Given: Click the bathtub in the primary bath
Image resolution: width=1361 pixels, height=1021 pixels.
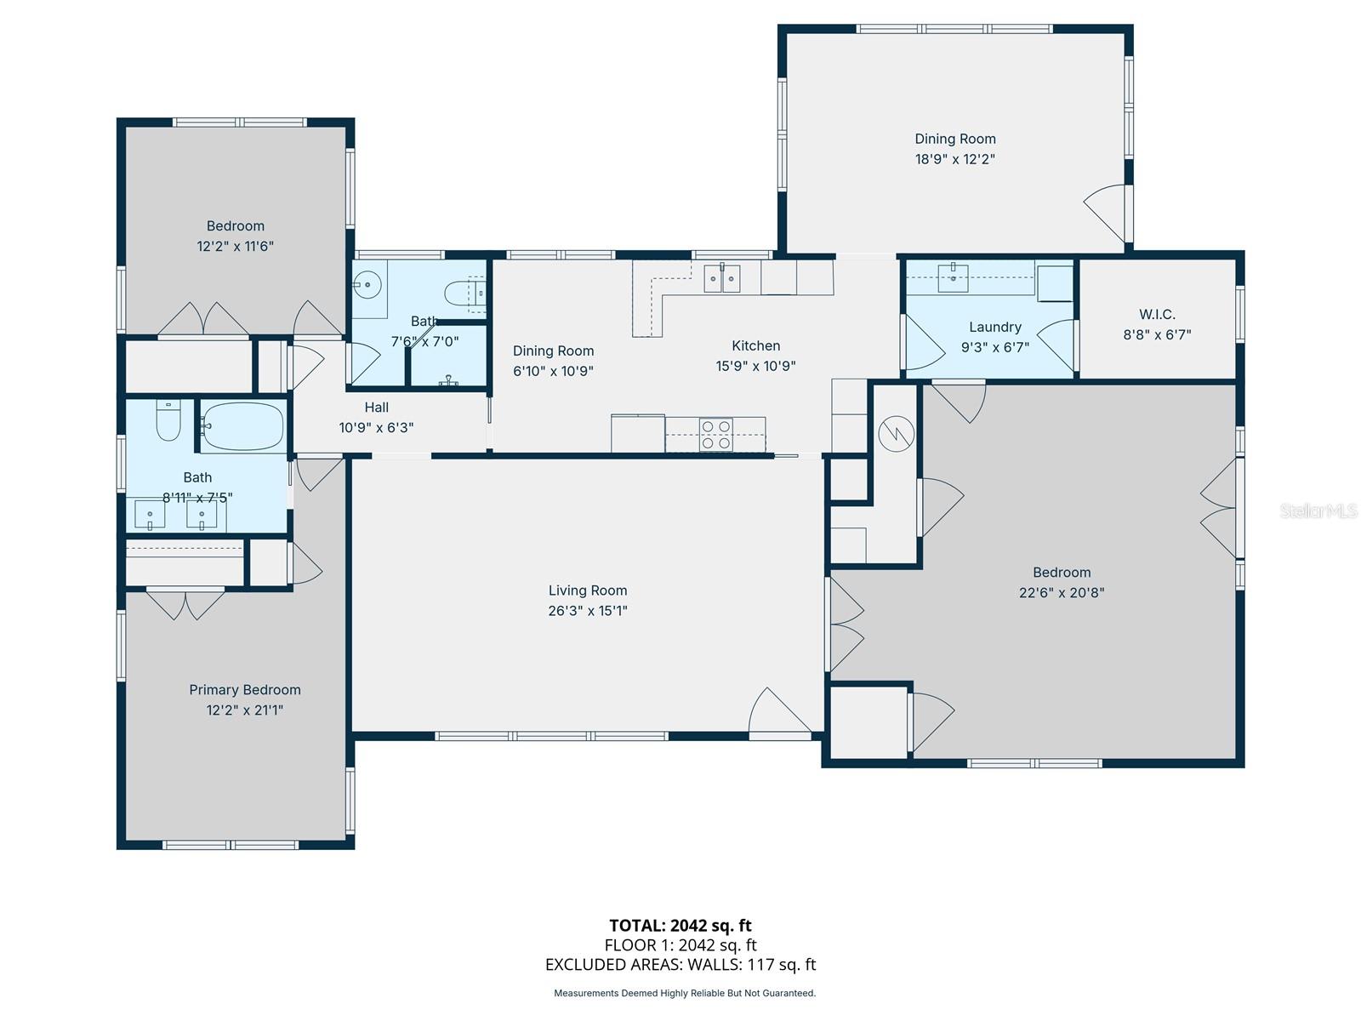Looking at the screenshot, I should (243, 426).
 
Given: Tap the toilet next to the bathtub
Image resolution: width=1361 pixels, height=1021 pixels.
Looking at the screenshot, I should (168, 421).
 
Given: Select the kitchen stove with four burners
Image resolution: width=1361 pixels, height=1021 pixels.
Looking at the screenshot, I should (716, 434).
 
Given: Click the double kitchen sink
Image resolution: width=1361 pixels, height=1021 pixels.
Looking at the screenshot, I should (721, 277).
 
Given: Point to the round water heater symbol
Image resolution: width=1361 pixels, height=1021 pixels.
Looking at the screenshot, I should (896, 434).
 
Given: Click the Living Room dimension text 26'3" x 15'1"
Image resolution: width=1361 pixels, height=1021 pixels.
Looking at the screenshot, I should (588, 611).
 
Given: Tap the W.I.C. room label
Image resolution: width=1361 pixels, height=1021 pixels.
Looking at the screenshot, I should (1157, 315).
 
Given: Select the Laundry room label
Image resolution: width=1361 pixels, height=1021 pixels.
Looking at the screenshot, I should (994, 327).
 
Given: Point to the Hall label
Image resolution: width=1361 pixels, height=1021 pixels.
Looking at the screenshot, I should (376, 408).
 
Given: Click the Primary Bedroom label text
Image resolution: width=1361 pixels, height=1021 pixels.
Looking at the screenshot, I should (245, 690).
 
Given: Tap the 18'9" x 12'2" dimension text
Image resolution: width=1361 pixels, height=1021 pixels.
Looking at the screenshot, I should (954, 159).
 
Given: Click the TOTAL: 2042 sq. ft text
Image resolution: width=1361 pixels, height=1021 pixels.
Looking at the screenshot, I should (680, 926).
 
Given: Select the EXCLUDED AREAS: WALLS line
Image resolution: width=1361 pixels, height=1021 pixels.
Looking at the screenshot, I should (680, 965).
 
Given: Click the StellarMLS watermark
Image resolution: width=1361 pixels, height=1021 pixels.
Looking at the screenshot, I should (1318, 510).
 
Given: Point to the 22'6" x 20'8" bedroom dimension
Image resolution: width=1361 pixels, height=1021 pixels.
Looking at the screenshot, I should (1061, 593).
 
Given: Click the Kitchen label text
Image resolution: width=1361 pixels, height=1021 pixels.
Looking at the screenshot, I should (755, 345).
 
